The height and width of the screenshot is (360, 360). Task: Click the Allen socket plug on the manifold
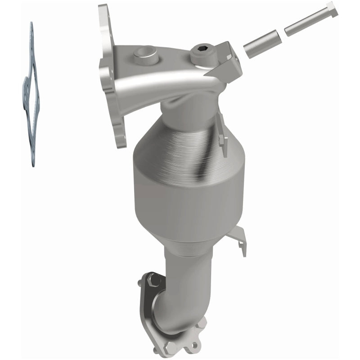pos(199,54)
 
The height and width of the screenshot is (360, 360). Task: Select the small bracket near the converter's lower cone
pos(238,238)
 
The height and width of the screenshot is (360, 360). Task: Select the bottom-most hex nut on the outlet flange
pos(171,347)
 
